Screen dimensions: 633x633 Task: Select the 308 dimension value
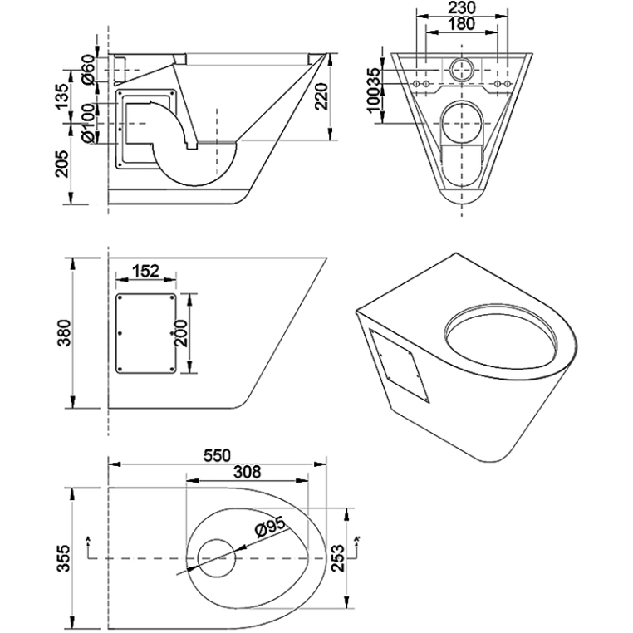(x=247, y=473)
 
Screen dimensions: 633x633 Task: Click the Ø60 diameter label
(x=88, y=69)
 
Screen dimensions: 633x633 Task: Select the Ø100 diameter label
(x=88, y=123)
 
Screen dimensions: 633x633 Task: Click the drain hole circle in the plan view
(x=217, y=558)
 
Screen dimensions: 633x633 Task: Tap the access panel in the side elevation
(x=146, y=334)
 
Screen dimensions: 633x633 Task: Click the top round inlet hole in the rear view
(x=460, y=68)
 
